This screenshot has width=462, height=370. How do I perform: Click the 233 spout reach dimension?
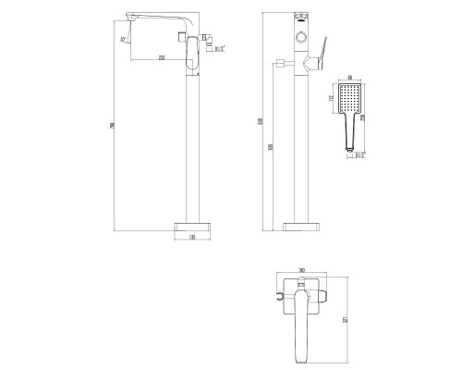[162, 58]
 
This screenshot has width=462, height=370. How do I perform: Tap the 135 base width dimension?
[192, 238]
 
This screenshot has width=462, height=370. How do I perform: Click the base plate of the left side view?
[192, 225]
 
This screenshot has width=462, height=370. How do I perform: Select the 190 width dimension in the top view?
[301, 270]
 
